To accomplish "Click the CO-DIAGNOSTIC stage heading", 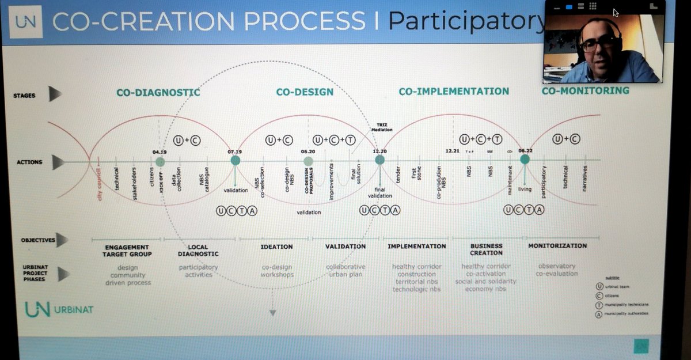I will tap(158, 92).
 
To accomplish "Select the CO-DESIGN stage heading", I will tap(305, 92).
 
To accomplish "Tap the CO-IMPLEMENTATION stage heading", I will tap(454, 91).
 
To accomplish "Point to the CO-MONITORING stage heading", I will tap(585, 90).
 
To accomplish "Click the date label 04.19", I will tap(159, 152).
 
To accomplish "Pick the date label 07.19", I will tap(235, 151).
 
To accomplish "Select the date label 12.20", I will tap(379, 151).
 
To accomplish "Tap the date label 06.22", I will tap(525, 150).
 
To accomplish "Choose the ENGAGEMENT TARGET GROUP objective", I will tap(127, 251).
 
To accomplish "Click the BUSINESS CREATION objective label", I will tap(486, 249).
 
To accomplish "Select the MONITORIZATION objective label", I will tap(557, 245).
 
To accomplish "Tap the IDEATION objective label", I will tap(278, 247).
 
